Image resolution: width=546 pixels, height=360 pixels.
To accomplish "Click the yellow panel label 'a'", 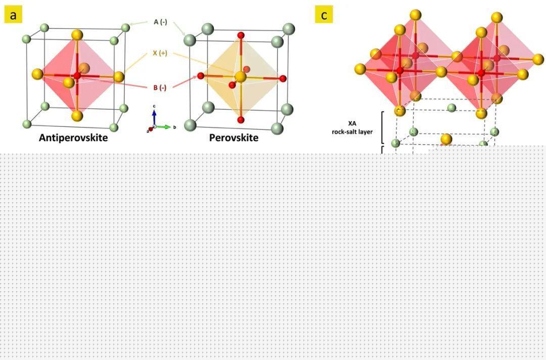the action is click(x=13, y=15).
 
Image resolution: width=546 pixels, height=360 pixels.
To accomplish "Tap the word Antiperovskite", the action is click(x=73, y=138).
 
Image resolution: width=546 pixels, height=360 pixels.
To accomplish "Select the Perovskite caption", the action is click(x=234, y=138).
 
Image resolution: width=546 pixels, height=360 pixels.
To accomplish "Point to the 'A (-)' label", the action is click(x=160, y=22).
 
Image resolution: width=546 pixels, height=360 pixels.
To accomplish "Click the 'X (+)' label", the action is click(x=160, y=53).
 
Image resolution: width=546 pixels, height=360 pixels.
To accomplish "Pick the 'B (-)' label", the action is click(x=160, y=87).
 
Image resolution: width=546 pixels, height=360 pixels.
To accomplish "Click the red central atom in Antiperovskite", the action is click(x=77, y=75).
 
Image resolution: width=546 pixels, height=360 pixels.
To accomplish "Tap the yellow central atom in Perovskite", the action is click(x=240, y=77).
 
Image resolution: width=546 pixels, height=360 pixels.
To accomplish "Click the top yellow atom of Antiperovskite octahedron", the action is click(x=77, y=35).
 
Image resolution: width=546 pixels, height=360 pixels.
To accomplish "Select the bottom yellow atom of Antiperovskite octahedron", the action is click(x=77, y=116).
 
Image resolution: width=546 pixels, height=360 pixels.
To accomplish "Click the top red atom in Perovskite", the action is click(x=241, y=35).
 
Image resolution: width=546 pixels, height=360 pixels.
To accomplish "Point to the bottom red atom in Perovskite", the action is click(x=240, y=120).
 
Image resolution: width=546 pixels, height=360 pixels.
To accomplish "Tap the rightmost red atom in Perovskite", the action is click(x=283, y=79).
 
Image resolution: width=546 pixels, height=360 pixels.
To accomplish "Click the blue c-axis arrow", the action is click(x=154, y=118).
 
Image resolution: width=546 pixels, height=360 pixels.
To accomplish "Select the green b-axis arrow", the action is click(x=163, y=127).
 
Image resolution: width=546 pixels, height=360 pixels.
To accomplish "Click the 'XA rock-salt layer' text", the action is click(x=352, y=127).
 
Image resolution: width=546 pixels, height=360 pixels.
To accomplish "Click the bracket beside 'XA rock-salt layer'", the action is click(x=383, y=127).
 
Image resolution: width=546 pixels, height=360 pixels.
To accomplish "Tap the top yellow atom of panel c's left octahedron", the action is click(x=416, y=15).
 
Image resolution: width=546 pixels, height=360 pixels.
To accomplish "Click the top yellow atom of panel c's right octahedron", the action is click(x=497, y=17).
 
